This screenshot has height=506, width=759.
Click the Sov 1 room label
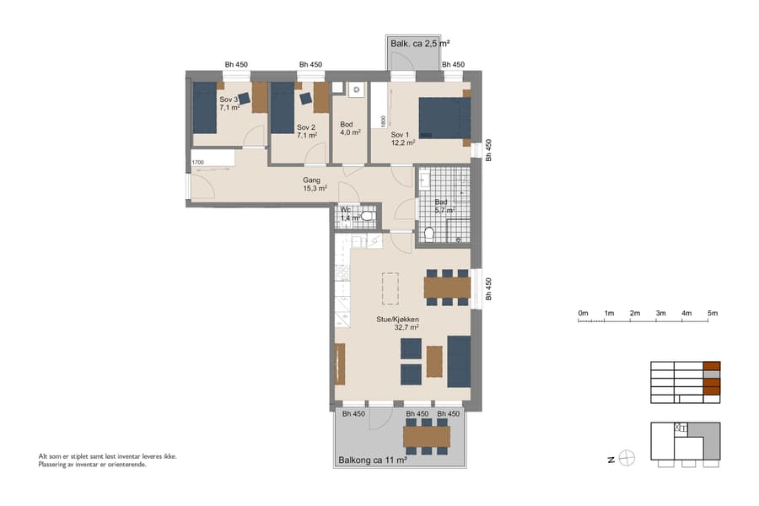pos(400,138)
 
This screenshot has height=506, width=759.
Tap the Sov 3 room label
pos(229,104)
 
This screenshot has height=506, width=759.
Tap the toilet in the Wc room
pos(366,217)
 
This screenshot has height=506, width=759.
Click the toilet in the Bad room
pos(428,234)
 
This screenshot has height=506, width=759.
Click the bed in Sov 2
pos(282,108)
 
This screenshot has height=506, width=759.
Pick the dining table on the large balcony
pos(428,436)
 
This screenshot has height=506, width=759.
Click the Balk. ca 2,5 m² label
pos(418,43)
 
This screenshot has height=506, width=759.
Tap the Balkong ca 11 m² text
pos(372,460)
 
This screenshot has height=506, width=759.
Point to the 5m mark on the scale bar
pos(713,314)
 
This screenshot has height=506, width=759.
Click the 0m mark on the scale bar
pos(583,314)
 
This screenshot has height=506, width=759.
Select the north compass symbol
pos(626,459)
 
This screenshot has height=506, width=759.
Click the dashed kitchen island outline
pos(390,288)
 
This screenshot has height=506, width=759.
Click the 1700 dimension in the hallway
pos(197,162)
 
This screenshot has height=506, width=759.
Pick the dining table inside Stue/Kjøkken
pos(447,288)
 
